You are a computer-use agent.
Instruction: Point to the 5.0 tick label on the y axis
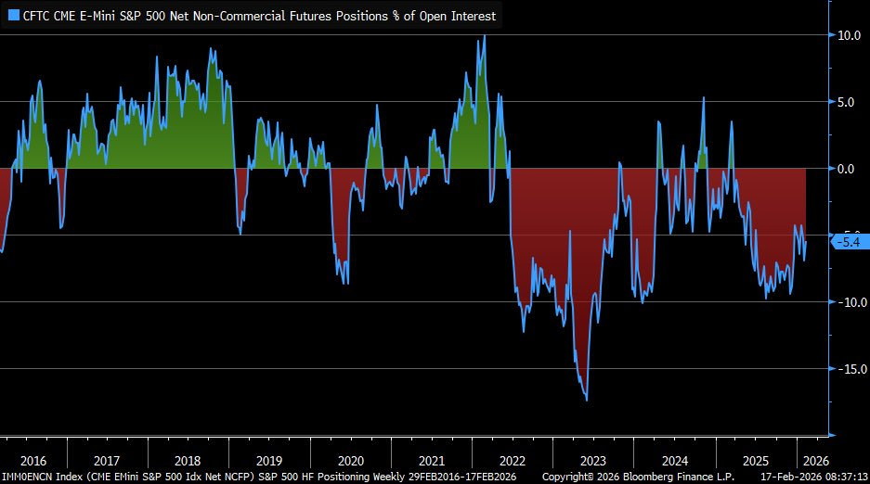pos(850,102)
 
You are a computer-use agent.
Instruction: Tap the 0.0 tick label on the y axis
pos(850,169)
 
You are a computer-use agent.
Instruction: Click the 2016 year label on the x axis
pos(32,461)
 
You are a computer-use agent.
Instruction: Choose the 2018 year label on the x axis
pos(188,461)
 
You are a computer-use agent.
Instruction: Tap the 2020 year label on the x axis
pos(350,461)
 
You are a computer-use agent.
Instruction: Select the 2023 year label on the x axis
pos(592,461)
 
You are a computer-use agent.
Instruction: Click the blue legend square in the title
pos(13,16)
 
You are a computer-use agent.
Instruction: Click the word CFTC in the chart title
pos(38,16)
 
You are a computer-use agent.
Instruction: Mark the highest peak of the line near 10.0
pos(484,36)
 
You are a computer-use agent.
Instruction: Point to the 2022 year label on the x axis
pos(512,461)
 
